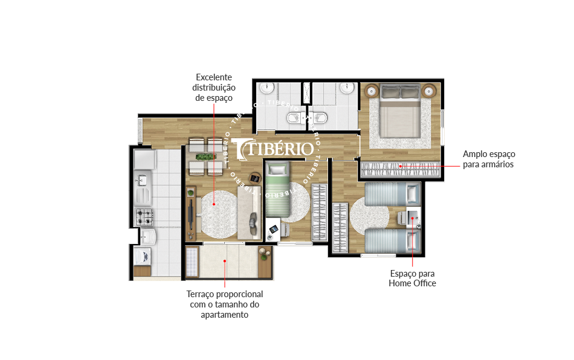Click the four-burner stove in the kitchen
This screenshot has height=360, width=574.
click(x=144, y=217)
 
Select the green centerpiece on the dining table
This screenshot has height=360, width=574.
click(x=205, y=157)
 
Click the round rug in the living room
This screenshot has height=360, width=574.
click(x=219, y=213)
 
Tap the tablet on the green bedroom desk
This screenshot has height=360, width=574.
click(x=274, y=230)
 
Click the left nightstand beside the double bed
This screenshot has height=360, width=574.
click(x=371, y=91)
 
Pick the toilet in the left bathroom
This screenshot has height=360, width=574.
click(x=295, y=118)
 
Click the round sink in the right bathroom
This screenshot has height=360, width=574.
click(x=346, y=88)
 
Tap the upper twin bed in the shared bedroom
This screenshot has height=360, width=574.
click(x=392, y=194)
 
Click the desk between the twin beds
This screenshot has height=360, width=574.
click(x=413, y=217)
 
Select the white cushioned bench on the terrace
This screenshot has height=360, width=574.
click(x=192, y=262)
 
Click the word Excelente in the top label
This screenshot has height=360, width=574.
click(x=214, y=77)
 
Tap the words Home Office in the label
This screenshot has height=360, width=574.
click(x=412, y=283)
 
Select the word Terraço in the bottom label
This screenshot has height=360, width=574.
click(x=199, y=295)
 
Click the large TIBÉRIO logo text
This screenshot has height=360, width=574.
click(x=274, y=149)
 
